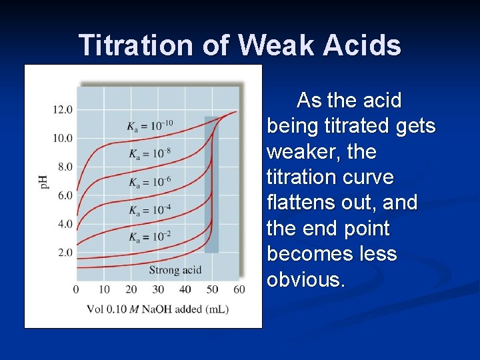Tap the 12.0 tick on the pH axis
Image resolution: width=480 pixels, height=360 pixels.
tap(63, 109)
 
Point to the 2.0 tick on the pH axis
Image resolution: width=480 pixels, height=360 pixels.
tap(65, 253)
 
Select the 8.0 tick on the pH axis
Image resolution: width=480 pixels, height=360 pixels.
tap(65, 167)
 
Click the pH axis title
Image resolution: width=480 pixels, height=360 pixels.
tap(45, 181)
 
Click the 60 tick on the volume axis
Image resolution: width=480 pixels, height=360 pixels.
tap(239, 289)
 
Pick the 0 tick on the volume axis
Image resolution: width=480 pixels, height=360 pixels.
tap(76, 289)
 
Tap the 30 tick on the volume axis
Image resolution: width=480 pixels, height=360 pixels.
tap(158, 289)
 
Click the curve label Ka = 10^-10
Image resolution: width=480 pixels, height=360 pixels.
tap(150, 125)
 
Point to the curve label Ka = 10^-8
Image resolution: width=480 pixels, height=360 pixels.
tap(150, 154)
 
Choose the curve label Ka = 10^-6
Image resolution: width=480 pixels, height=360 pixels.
tap(150, 182)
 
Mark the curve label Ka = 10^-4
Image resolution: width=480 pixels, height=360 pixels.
tap(150, 210)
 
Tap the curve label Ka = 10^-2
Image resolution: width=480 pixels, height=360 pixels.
tap(150, 237)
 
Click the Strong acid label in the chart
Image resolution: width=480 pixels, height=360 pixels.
tap(175, 270)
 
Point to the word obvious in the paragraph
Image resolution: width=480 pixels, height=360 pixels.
tap(304, 279)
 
